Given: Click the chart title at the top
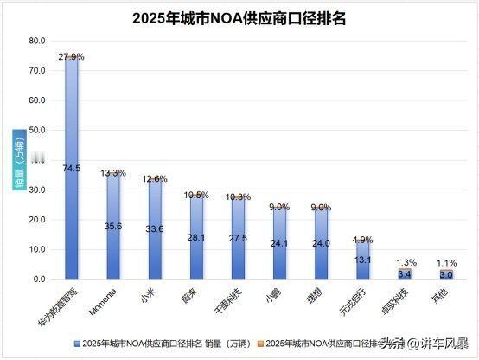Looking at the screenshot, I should pyautogui.click(x=239, y=18).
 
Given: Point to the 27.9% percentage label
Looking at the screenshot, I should pyautogui.click(x=72, y=56).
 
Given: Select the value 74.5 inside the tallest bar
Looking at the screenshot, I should pyautogui.click(x=72, y=168).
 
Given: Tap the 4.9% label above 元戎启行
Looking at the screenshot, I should pyautogui.click(x=363, y=240).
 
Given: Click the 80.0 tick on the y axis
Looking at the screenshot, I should pyautogui.click(x=36, y=41).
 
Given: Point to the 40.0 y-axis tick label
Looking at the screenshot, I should pyautogui.click(x=36, y=160).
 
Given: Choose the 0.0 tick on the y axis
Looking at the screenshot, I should pyautogui.click(x=38, y=280).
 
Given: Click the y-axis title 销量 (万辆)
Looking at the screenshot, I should pyautogui.click(x=19, y=160).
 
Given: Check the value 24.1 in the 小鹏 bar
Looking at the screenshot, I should pyautogui.click(x=279, y=243).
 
